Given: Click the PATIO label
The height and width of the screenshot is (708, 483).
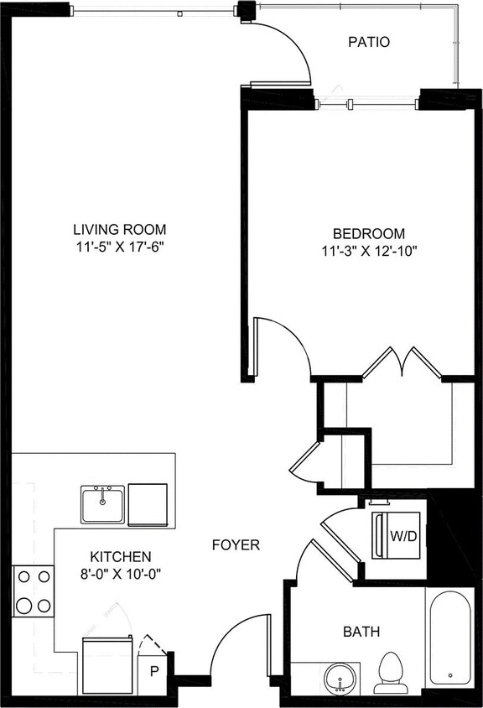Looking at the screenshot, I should [369, 41].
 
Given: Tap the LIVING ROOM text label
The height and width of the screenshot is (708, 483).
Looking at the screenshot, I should [119, 229].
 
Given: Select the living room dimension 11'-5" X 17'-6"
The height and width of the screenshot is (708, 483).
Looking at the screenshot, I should [119, 247].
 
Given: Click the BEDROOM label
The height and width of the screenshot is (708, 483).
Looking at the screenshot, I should [369, 233].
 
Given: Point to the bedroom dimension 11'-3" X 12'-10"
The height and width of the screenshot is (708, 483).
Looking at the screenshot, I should [369, 250].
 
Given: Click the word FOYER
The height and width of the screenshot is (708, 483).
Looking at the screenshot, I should [236, 545].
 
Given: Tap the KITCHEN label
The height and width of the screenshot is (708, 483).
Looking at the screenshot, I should [121, 556].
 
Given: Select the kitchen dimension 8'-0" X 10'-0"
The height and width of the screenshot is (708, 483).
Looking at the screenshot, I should [121, 575].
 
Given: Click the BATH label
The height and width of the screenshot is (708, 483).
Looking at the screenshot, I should [361, 632].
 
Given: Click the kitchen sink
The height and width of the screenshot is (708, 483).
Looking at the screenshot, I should [102, 503].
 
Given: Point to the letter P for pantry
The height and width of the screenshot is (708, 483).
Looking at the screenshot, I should [154, 669].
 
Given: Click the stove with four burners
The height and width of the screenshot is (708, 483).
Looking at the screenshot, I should [33, 591].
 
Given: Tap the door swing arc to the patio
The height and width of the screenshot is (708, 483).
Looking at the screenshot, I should [288, 50].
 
